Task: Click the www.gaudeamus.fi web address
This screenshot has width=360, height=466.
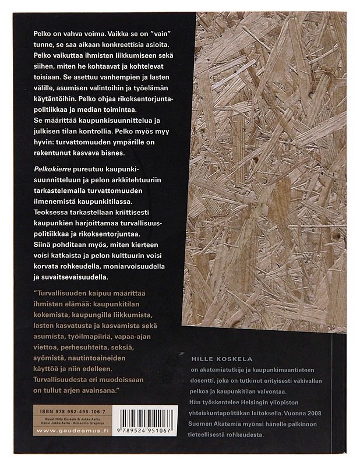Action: pyautogui.click(x=67, y=430)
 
